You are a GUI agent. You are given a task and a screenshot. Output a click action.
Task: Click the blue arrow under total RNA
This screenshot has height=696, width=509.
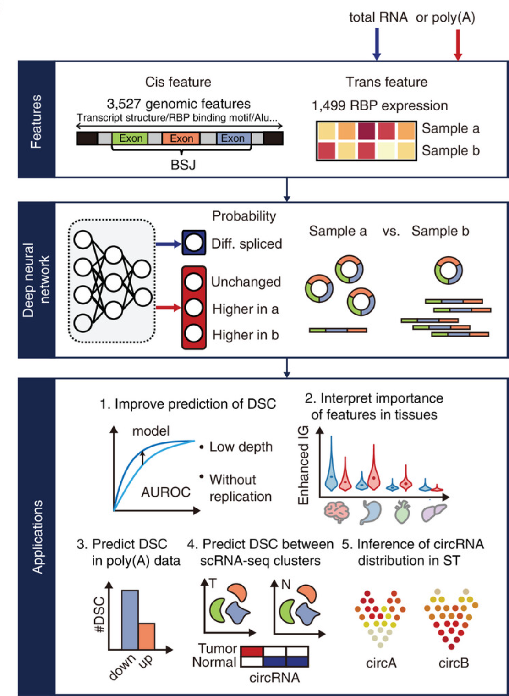[377, 44]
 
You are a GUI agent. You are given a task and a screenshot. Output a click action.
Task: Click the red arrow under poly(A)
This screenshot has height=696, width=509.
[458, 44]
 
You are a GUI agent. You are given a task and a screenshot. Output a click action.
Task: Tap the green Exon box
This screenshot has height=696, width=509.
[130, 138]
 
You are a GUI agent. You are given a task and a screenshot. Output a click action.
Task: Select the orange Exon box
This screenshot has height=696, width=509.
[181, 138]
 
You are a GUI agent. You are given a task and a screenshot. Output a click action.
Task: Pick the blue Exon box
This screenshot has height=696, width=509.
[233, 138]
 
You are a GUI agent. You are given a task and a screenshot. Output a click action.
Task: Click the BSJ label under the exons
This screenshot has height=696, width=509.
[183, 164]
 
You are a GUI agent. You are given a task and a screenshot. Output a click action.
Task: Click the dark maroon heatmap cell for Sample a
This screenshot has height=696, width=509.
[366, 131]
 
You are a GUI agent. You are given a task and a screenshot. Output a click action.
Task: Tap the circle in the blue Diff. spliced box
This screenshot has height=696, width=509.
[194, 243]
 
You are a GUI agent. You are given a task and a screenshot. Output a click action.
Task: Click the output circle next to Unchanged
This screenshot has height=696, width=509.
[194, 282]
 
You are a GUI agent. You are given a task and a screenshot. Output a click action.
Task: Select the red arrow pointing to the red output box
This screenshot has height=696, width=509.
[168, 308]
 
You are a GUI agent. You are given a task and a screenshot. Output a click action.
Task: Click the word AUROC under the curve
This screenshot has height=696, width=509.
[165, 492]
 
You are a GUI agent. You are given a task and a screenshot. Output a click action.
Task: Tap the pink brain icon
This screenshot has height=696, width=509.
[337, 512]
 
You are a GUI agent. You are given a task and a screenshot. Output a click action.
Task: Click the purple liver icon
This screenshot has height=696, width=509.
[433, 512]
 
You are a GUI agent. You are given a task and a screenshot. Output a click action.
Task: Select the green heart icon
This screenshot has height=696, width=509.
[402, 512]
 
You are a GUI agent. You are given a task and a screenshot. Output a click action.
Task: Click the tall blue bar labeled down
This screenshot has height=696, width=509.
[130, 619]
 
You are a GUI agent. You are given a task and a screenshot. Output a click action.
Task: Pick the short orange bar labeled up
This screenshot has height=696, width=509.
[147, 636]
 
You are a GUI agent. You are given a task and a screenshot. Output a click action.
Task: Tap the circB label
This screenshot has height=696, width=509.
[454, 663]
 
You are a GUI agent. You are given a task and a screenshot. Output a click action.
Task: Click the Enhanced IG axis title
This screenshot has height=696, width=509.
[303, 465]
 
